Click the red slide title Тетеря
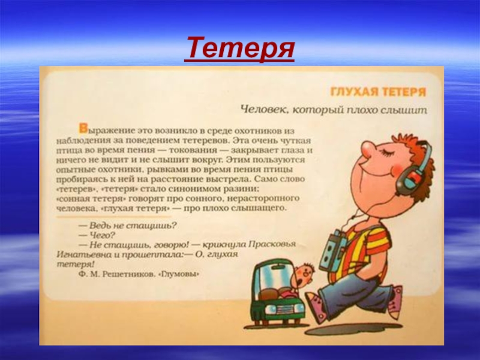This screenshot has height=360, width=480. coord(239,49)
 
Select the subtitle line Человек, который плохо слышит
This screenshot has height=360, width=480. coord(333,110)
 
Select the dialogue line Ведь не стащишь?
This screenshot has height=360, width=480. coord(127,226)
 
